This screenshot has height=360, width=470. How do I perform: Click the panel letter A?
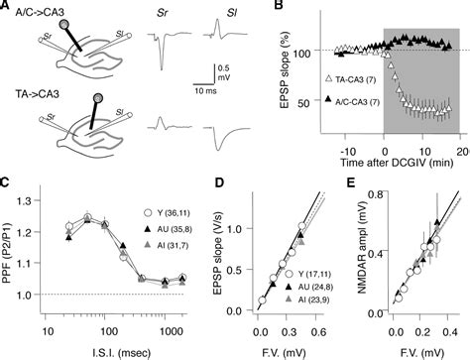click(x=7, y=7)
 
